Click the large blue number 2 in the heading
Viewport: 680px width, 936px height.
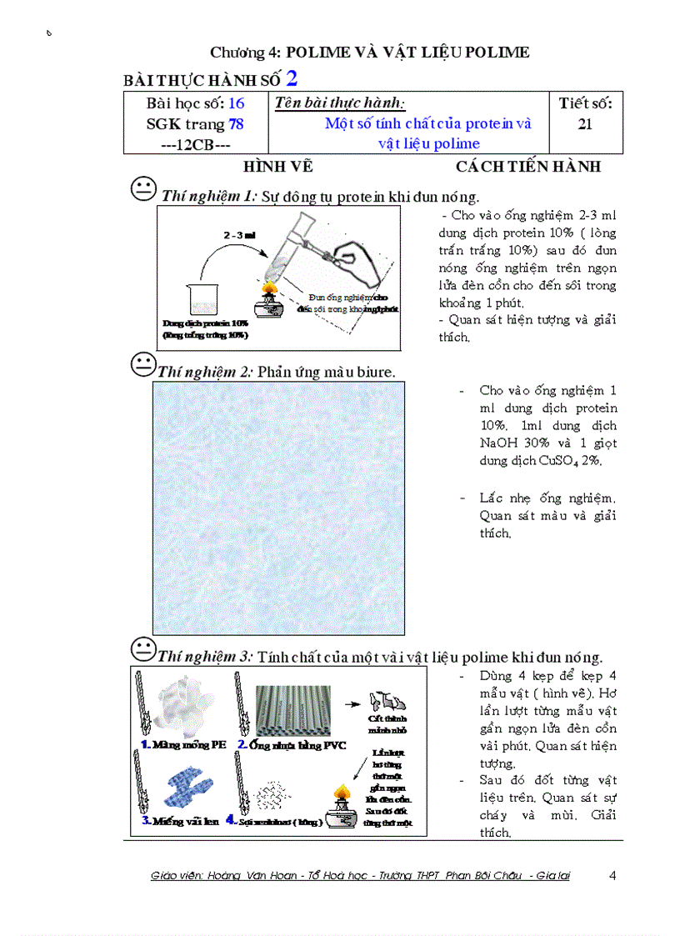pyautogui.click(x=292, y=78)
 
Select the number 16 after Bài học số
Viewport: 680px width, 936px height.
pyautogui.click(x=236, y=104)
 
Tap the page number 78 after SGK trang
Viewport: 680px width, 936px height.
pyautogui.click(x=236, y=124)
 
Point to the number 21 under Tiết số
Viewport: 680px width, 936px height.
pyautogui.click(x=585, y=124)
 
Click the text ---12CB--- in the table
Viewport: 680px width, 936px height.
pyautogui.click(x=183, y=144)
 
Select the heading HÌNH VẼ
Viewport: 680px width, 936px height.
pyautogui.click(x=277, y=167)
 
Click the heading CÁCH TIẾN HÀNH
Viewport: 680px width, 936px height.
pyautogui.click(x=527, y=167)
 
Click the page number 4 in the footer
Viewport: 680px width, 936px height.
pyautogui.click(x=612, y=875)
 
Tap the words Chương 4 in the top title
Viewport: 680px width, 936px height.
pyautogui.click(x=244, y=53)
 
